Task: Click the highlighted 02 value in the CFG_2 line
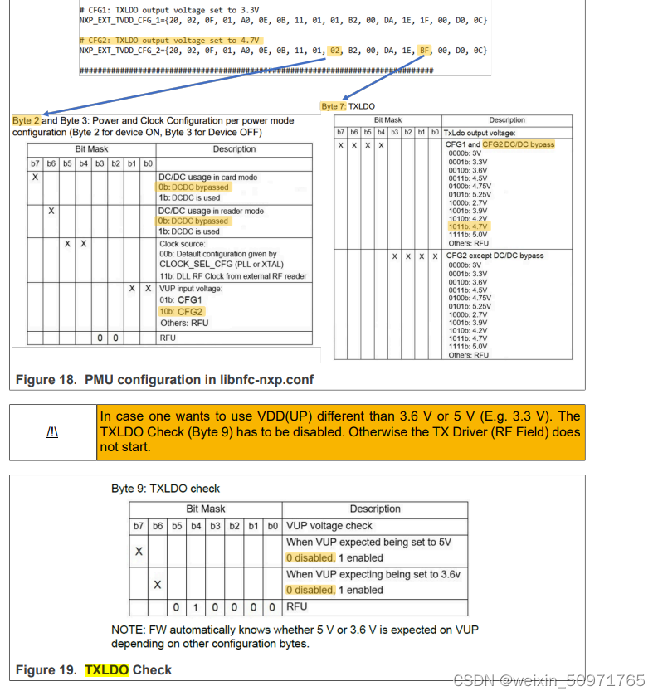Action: [335, 50]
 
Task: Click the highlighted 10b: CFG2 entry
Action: [181, 311]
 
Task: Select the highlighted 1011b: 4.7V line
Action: [469, 225]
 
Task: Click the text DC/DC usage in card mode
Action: [207, 177]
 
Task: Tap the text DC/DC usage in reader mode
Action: [211, 211]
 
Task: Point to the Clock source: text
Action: [183, 244]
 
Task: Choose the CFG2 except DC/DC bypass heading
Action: [495, 256]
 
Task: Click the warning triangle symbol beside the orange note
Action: [51, 432]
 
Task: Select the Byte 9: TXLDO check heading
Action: [166, 489]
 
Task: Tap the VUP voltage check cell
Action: [329, 526]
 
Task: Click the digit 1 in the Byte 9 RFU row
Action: [196, 606]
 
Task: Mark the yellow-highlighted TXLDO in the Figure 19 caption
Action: [106, 669]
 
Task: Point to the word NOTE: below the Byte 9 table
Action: [129, 630]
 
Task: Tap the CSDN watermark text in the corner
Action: [549, 680]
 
